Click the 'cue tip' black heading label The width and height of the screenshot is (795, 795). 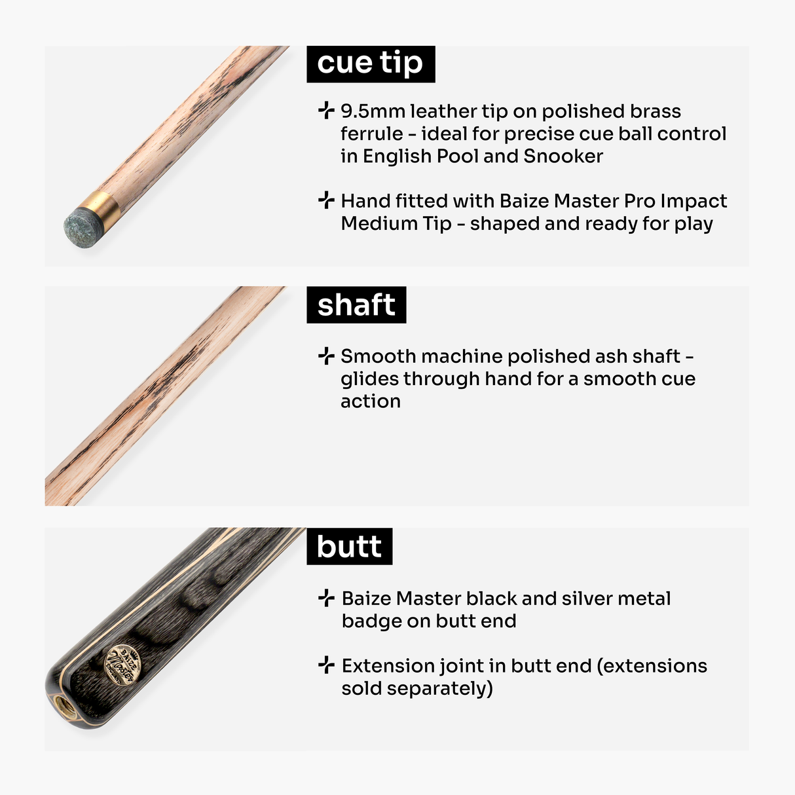coord(371,64)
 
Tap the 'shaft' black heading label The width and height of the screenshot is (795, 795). coord(356,305)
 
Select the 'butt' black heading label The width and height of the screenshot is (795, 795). coord(349,546)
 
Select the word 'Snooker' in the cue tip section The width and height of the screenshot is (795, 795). coord(563,156)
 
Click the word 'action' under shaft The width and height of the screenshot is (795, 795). coord(370,401)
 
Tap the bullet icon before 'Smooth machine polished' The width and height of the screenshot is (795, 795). coord(326,356)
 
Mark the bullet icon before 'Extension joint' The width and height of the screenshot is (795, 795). coord(326,666)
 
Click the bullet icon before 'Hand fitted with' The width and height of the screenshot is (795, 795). coord(326,200)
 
